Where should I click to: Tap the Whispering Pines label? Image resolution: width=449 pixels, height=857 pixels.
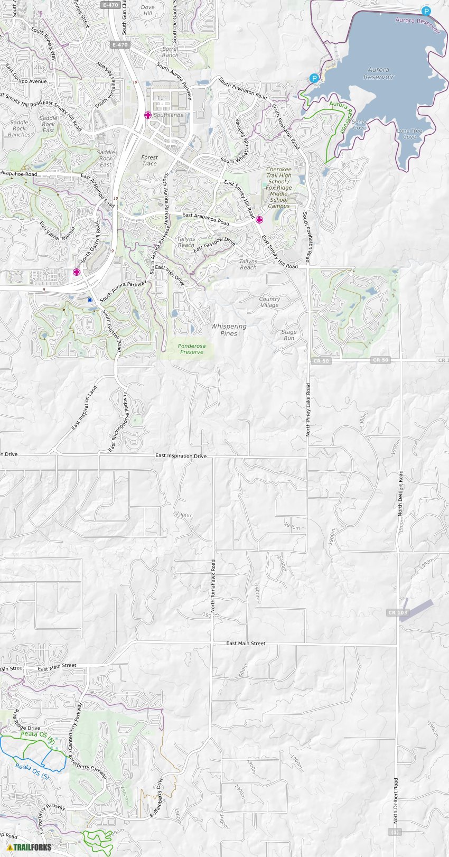coord(229,330)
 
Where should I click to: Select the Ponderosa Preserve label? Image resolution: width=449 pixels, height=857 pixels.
coord(191,349)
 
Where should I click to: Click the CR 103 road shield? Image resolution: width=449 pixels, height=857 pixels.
coord(398,612)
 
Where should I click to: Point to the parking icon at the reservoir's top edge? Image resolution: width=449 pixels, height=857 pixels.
coord(426,11)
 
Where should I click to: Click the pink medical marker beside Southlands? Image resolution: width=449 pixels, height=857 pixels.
coord(148,115)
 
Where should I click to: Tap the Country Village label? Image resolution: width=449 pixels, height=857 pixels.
coord(269,302)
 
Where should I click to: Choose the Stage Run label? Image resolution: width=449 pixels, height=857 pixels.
coord(289,335)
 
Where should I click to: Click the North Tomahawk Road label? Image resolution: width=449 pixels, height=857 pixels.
coord(213,585)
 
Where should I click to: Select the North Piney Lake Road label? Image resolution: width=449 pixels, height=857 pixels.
coord(308,409)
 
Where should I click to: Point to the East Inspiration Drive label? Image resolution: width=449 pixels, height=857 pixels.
coord(181,455)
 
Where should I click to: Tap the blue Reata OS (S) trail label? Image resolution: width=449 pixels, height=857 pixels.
coord(32,771)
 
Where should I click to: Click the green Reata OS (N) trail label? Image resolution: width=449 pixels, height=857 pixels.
coord(38,736)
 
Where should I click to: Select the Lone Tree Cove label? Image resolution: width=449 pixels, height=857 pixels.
coord(410,134)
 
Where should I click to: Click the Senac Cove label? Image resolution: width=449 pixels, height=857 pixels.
coord(360,125)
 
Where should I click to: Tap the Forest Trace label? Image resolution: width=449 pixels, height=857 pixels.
coord(149,160)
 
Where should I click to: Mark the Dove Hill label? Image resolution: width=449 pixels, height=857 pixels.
coord(148,11)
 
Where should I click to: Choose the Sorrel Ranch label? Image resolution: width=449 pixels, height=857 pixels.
coord(170,52)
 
